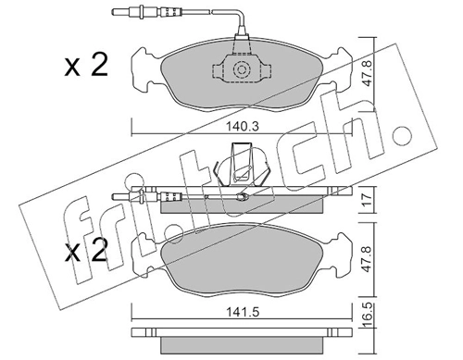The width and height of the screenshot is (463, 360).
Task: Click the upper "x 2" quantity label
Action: (85, 66)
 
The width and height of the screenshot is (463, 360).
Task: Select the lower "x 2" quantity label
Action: (85, 252)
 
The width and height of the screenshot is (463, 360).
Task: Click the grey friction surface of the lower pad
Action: (241, 264)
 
